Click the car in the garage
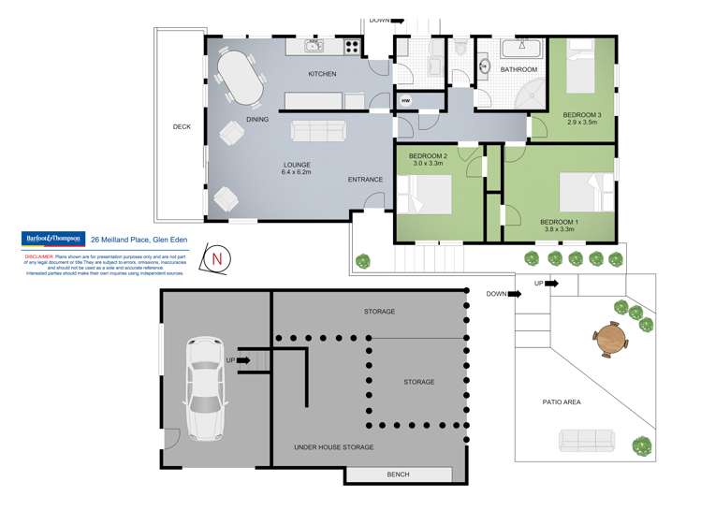tap(205, 387)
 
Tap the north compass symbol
tap(217, 258)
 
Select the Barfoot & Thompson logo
tap(53, 239)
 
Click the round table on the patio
tap(609, 338)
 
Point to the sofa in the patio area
tap(586, 438)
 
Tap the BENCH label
tap(398, 475)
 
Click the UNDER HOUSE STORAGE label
tap(333, 447)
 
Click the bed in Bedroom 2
tap(427, 197)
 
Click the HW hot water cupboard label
tap(406, 101)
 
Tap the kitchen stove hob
tap(352, 45)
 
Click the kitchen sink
tap(313, 45)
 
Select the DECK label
tap(182, 127)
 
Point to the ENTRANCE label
tap(365, 180)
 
